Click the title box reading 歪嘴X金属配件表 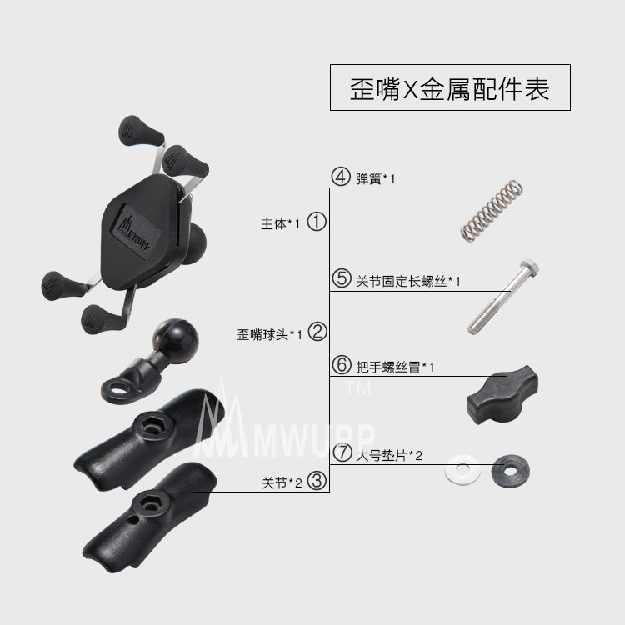[450, 87]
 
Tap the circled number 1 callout [317, 222]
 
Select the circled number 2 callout [317, 332]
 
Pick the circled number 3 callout [317, 481]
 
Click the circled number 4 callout [340, 177]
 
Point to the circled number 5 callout [340, 280]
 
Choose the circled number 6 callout [340, 366]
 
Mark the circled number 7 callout [342, 454]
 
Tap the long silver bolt [499, 295]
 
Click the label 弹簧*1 [374, 177]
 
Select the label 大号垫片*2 [390, 455]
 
